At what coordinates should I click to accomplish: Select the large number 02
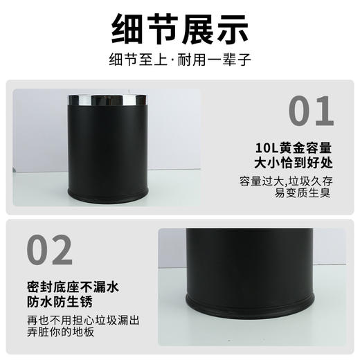pos(48,249)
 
